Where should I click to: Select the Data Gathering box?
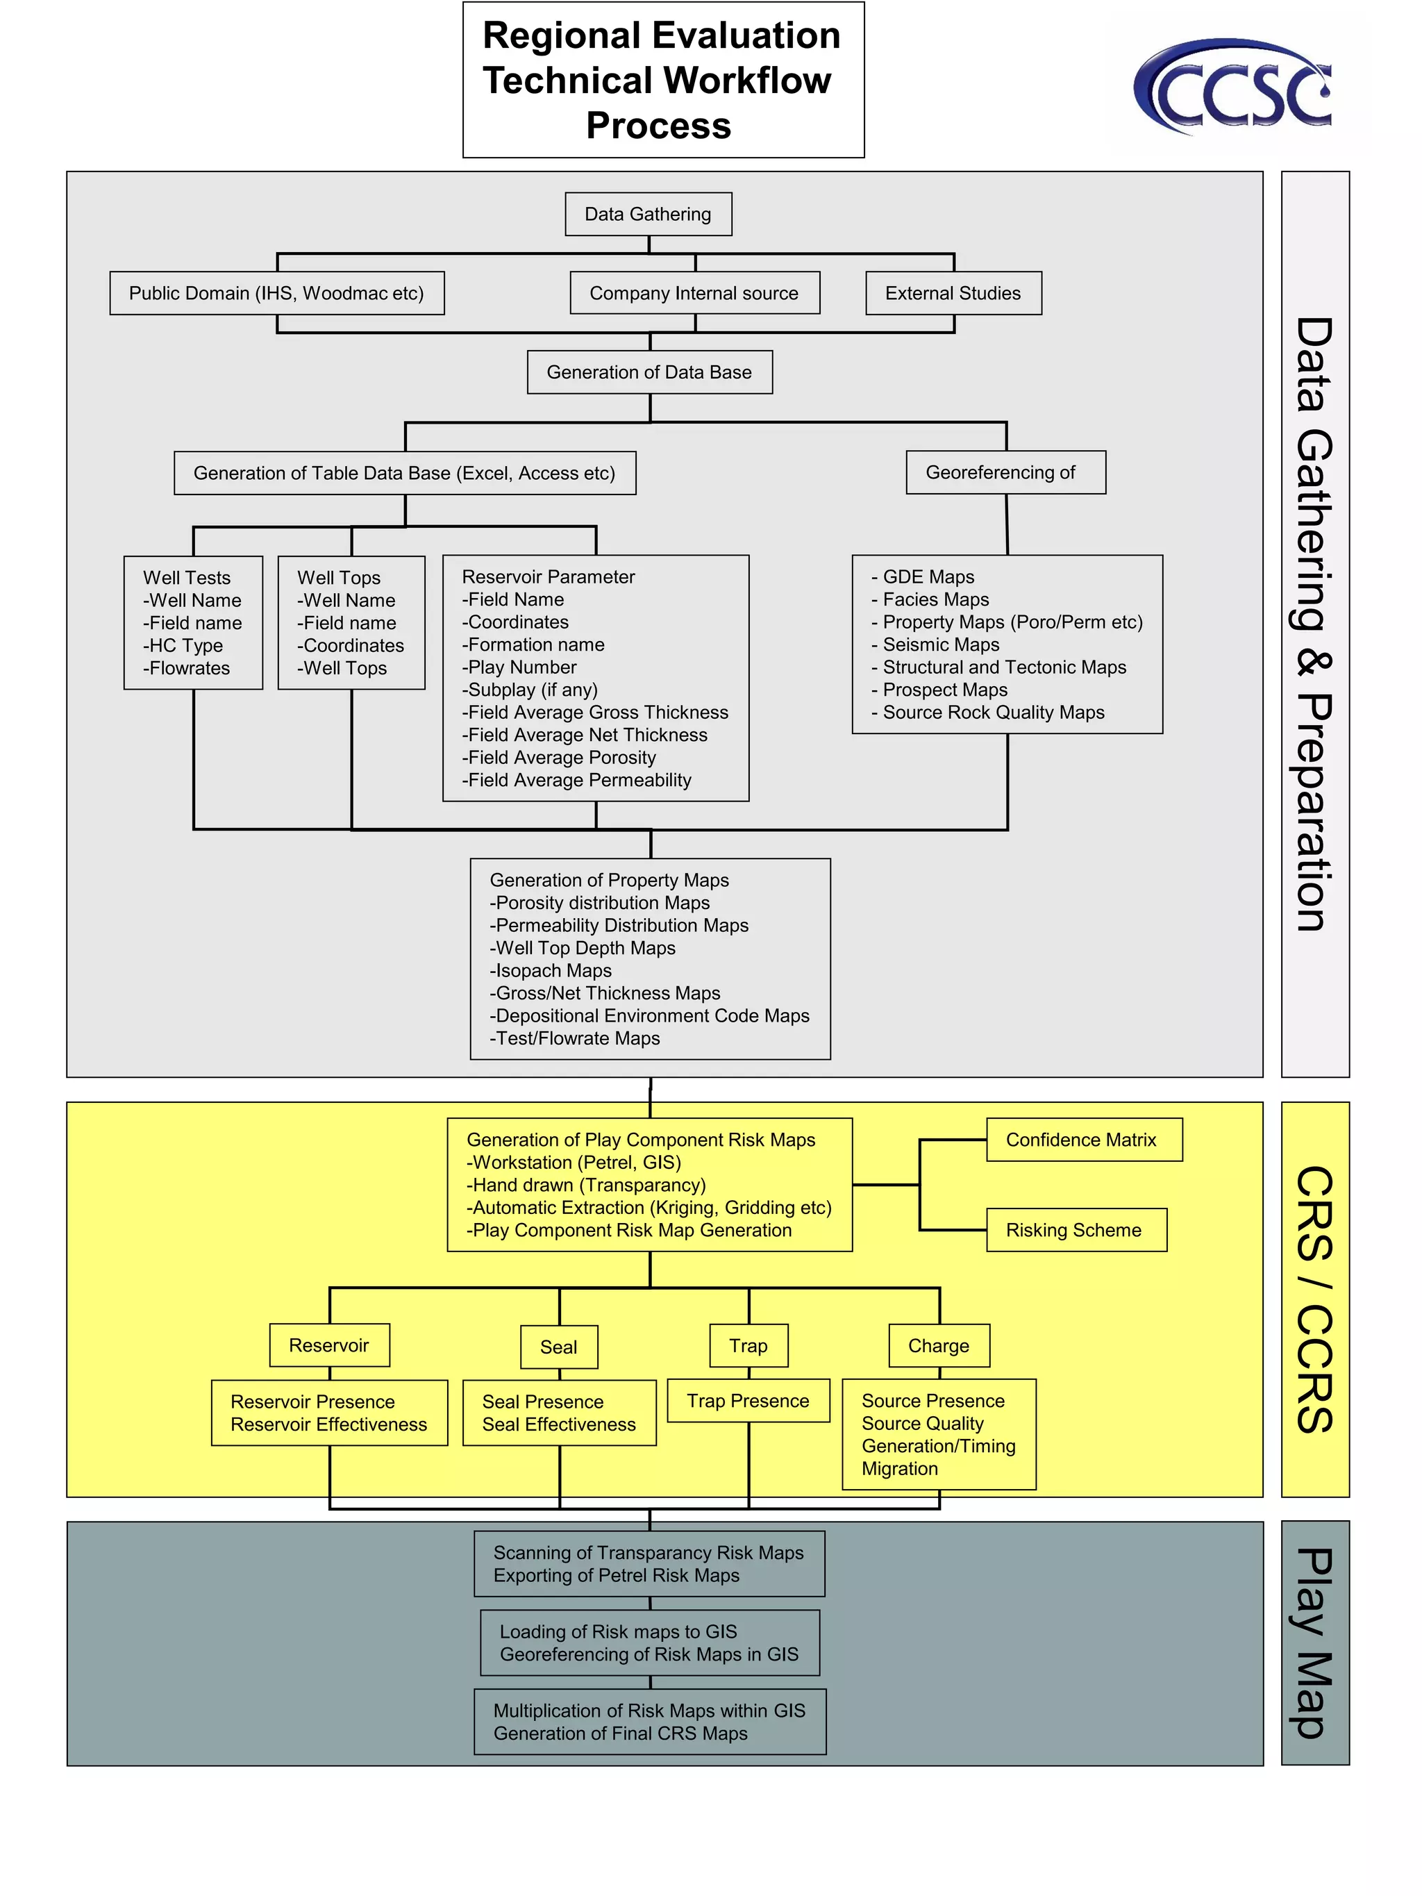(x=648, y=215)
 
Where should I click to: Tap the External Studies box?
(x=953, y=293)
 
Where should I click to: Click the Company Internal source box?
(x=694, y=293)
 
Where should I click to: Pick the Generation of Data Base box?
(x=650, y=372)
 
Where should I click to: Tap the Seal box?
(x=559, y=1347)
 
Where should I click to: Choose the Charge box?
(x=939, y=1346)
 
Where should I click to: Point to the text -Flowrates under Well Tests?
(x=187, y=669)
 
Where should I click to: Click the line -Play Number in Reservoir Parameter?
(x=519, y=667)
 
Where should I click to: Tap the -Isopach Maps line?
(x=551, y=970)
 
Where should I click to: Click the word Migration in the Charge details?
(x=900, y=1468)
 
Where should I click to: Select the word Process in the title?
(x=658, y=126)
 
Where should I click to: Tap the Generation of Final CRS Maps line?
(x=621, y=1733)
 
